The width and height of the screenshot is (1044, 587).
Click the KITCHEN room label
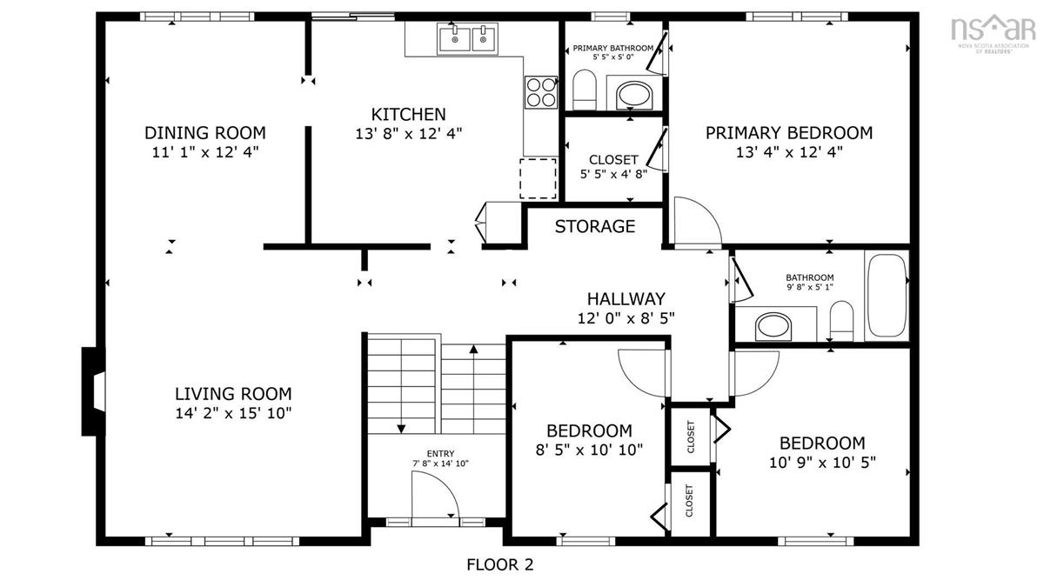[x=408, y=114]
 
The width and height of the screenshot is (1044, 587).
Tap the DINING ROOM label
[x=205, y=133]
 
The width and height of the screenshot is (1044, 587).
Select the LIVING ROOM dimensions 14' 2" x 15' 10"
[x=233, y=413]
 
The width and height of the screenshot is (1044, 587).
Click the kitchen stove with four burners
[x=540, y=92]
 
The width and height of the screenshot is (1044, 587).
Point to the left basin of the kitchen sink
[x=453, y=38]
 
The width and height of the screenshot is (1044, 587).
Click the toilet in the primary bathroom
[x=585, y=90]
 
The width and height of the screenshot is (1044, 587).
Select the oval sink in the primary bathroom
[x=634, y=96]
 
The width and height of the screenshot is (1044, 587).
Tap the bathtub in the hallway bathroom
[x=887, y=296]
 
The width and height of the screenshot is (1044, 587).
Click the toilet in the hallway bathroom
[x=841, y=321]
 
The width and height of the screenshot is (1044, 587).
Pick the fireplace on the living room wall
[x=93, y=391]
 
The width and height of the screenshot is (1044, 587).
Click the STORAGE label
[x=595, y=226]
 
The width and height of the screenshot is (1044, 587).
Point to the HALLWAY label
[x=626, y=298]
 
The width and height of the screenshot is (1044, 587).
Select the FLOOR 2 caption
[x=499, y=564]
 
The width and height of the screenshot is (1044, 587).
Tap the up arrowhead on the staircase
[x=473, y=349]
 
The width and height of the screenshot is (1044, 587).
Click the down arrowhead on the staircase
[x=401, y=429]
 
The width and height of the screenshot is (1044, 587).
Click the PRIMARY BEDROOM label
[x=788, y=133]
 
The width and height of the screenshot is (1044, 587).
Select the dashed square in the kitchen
[x=539, y=178]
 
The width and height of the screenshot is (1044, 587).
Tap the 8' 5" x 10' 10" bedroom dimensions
[x=589, y=450]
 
